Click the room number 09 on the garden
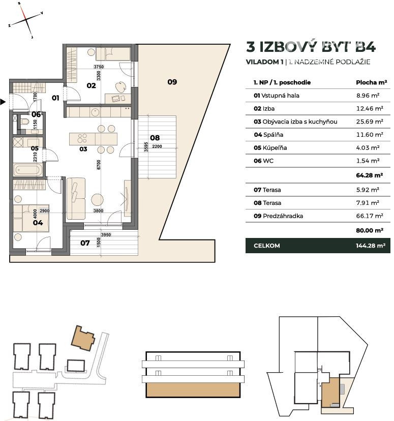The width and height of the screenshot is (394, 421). (172, 82)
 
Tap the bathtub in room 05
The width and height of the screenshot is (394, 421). (28, 170)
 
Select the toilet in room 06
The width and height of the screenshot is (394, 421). (25, 122)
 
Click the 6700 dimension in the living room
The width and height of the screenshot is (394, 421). (99, 165)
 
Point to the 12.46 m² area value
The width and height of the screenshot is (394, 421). (370, 108)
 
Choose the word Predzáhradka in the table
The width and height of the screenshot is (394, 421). (283, 216)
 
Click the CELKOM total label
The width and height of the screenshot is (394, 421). (267, 246)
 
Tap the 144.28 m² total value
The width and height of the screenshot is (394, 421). (371, 246)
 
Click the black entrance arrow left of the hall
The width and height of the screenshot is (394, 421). (3, 102)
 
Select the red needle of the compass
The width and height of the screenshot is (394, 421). (23, 12)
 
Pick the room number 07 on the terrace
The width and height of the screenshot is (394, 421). (85, 243)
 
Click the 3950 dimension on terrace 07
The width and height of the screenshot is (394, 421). (106, 235)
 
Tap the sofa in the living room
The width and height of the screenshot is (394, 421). (76, 198)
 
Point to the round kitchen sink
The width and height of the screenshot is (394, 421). (95, 112)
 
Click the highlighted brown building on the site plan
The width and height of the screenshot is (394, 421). (83, 338)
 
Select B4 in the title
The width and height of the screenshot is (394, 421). (366, 47)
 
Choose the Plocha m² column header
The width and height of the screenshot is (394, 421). (372, 82)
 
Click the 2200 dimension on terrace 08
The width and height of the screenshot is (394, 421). (157, 146)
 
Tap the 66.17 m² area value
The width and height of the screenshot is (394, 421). (370, 216)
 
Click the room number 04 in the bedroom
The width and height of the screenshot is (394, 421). (38, 223)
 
